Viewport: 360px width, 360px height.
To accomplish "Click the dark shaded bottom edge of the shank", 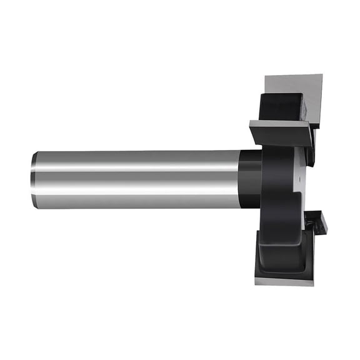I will (x=137, y=205).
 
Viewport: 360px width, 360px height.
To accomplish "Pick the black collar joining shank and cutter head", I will (x=251, y=179).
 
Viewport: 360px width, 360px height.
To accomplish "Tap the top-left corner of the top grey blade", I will (x=266, y=76).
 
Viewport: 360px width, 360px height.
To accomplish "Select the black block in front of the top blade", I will (x=281, y=106).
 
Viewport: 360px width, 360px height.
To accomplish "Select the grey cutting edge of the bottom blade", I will (x=284, y=281).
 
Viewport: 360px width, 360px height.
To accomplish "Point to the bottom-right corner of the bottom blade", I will (x=312, y=284).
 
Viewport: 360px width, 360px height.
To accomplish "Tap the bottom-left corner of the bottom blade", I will (x=256, y=282).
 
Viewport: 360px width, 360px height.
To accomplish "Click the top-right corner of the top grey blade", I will (x=322, y=75).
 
